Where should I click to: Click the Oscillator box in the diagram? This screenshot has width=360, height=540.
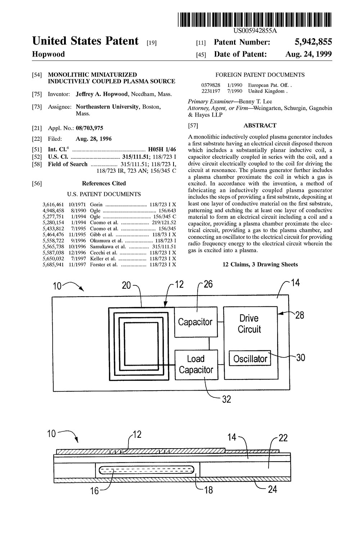coord(250,358)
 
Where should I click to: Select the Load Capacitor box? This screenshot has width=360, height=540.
coord(196,365)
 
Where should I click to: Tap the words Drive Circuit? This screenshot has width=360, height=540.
coord(249,324)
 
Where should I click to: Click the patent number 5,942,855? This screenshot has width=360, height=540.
coord(313,42)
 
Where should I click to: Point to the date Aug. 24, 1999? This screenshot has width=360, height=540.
coord(309,54)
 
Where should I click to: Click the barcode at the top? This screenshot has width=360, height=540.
coord(255,20)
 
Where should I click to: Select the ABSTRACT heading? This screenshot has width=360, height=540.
coord(260,125)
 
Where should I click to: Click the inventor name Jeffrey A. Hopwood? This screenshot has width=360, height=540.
coord(102,94)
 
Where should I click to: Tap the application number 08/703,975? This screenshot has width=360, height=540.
coord(89,128)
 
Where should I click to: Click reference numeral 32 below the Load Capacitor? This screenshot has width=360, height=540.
coord(226,399)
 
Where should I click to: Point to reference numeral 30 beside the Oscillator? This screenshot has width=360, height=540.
coord(301,358)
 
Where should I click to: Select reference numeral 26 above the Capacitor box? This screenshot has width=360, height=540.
coord(208,284)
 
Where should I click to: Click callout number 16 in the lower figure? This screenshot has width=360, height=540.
coord(95,491)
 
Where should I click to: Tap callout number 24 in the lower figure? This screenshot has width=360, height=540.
coord(272,489)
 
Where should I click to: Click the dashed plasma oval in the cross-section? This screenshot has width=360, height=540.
coord(147,469)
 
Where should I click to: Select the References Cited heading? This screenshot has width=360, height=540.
coord(104,184)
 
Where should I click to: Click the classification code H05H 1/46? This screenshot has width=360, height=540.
coord(162,149)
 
